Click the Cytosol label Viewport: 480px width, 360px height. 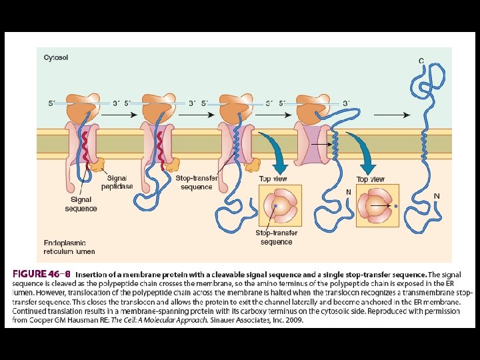[x=56, y=57]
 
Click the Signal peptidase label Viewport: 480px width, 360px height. [x=117, y=182]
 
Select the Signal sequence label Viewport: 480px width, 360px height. [x=81, y=204]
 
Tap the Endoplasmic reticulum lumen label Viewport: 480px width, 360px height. [x=69, y=247]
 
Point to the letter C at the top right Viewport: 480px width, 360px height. [x=421, y=61]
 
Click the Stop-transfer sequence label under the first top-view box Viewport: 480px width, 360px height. [x=276, y=237]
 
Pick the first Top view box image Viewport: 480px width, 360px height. [x=280, y=206]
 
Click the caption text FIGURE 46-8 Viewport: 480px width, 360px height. [x=41, y=275]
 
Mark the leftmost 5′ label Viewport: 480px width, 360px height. [x=51, y=103]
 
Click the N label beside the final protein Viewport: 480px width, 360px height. [x=437, y=196]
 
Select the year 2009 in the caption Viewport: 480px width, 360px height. [x=293, y=320]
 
